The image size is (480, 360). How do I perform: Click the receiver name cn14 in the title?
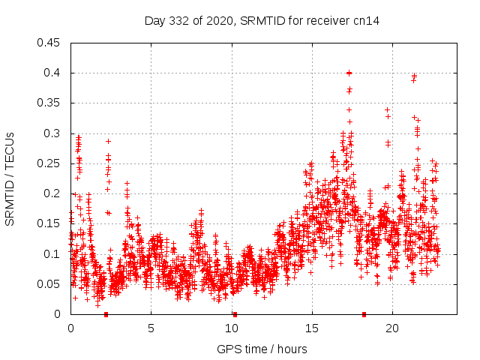(x=366, y=20)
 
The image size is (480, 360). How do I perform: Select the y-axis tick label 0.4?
(x=54, y=73)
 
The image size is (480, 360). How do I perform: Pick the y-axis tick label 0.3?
(x=54, y=133)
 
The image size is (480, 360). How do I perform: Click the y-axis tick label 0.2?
(x=54, y=193)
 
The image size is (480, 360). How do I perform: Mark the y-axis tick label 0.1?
(x=54, y=254)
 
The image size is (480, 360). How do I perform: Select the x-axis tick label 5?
(x=151, y=328)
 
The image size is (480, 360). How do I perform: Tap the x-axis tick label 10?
(x=231, y=328)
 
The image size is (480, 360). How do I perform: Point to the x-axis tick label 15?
(x=311, y=328)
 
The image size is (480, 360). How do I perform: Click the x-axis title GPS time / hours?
(x=262, y=349)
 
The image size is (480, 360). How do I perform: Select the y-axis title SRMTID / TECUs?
(x=10, y=178)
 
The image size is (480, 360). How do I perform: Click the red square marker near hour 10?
(x=235, y=314)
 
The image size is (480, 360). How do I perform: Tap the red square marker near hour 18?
(x=364, y=314)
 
